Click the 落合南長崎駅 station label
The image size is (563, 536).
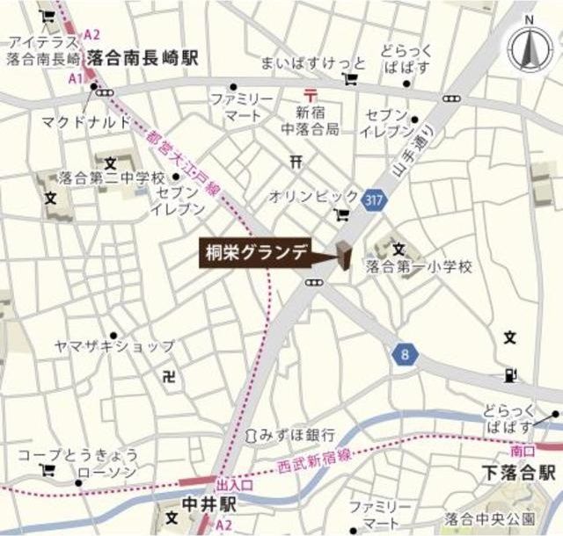point(143,57)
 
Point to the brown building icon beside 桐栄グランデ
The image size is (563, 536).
point(341,256)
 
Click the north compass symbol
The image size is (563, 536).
point(529,49)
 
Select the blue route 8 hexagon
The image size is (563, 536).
point(405,354)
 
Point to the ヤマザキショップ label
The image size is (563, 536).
point(126,345)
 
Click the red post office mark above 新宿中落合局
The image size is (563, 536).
point(309,94)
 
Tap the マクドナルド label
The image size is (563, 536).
point(84,121)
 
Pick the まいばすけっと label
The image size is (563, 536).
point(300,63)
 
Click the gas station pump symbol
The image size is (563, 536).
point(511,375)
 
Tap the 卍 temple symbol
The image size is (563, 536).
point(170,375)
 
